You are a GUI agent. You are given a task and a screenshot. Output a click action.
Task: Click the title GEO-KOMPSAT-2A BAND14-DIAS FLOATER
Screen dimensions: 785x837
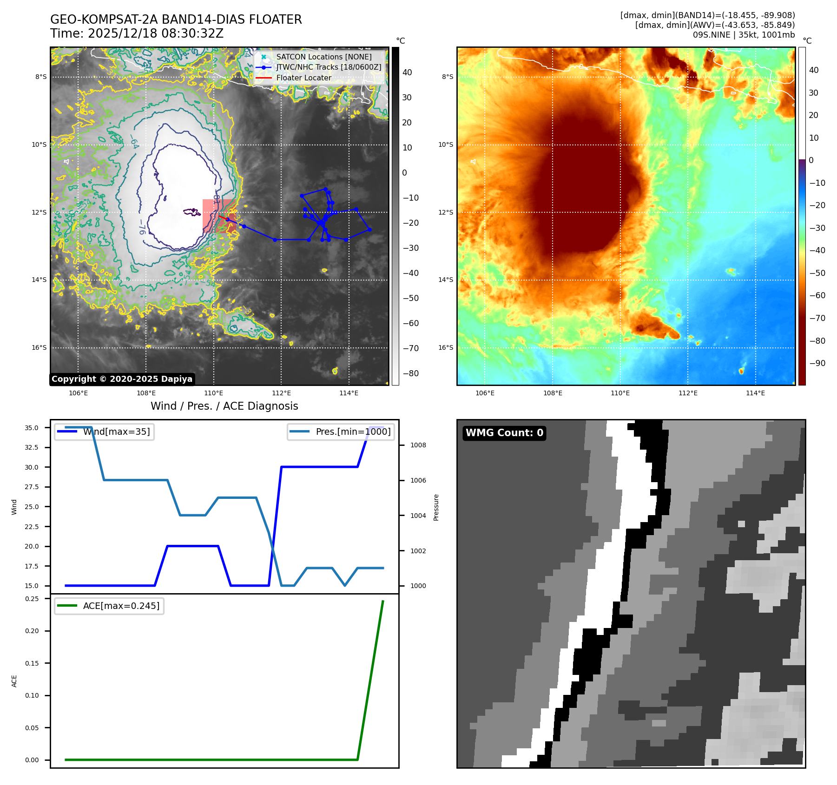[176, 20]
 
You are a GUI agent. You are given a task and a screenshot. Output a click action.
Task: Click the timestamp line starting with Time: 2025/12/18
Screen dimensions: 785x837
[137, 33]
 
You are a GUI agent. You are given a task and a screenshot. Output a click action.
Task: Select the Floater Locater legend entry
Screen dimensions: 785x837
[303, 78]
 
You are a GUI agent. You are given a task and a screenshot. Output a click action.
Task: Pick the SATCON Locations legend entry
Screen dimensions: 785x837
[323, 57]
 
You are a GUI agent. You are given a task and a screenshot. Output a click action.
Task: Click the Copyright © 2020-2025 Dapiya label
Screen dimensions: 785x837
[122, 379]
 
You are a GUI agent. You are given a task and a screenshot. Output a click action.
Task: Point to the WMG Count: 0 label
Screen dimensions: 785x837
[504, 433]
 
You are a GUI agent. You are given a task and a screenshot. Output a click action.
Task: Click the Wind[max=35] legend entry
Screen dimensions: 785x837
[116, 432]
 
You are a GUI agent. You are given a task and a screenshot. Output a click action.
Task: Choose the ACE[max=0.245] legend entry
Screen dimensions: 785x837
[121, 606]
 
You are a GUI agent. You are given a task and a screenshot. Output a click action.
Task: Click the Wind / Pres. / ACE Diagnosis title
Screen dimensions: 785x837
[224, 406]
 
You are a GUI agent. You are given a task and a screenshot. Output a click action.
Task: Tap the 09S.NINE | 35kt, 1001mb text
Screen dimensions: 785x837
[744, 35]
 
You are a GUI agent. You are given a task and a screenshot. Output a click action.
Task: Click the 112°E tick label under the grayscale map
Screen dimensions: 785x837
[281, 393]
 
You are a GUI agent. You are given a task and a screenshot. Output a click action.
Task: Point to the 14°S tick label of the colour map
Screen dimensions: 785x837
[446, 280]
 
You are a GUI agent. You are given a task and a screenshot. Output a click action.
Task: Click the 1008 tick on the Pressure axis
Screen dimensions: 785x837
[418, 445]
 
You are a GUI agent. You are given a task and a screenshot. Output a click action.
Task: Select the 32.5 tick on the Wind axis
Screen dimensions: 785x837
[31, 447]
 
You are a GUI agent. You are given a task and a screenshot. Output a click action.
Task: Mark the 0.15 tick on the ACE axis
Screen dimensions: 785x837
[32, 663]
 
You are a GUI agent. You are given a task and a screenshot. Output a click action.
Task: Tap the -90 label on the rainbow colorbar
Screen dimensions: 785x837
[817, 363]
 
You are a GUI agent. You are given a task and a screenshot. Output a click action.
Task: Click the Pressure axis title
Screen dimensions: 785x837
[436, 507]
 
